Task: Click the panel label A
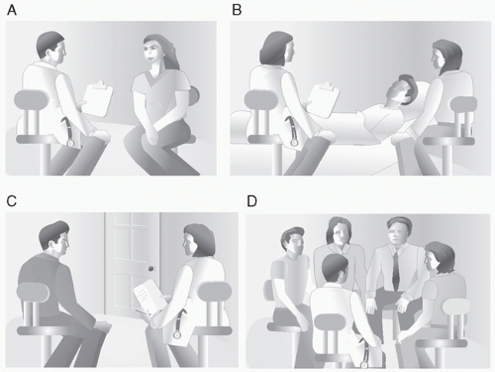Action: click(12, 10)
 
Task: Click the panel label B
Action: click(237, 10)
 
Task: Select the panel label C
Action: click(12, 200)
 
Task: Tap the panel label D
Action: click(252, 200)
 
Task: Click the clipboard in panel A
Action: click(97, 98)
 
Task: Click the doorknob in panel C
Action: click(151, 269)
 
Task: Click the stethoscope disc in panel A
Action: click(70, 143)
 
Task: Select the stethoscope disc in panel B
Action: click(294, 143)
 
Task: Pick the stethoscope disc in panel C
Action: click(177, 334)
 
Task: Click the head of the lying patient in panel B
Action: click(403, 89)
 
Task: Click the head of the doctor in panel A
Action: click(51, 48)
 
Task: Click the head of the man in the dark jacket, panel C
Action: click(55, 238)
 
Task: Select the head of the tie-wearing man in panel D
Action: click(399, 231)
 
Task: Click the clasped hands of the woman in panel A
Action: click(151, 135)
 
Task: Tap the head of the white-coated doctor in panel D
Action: click(335, 268)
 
